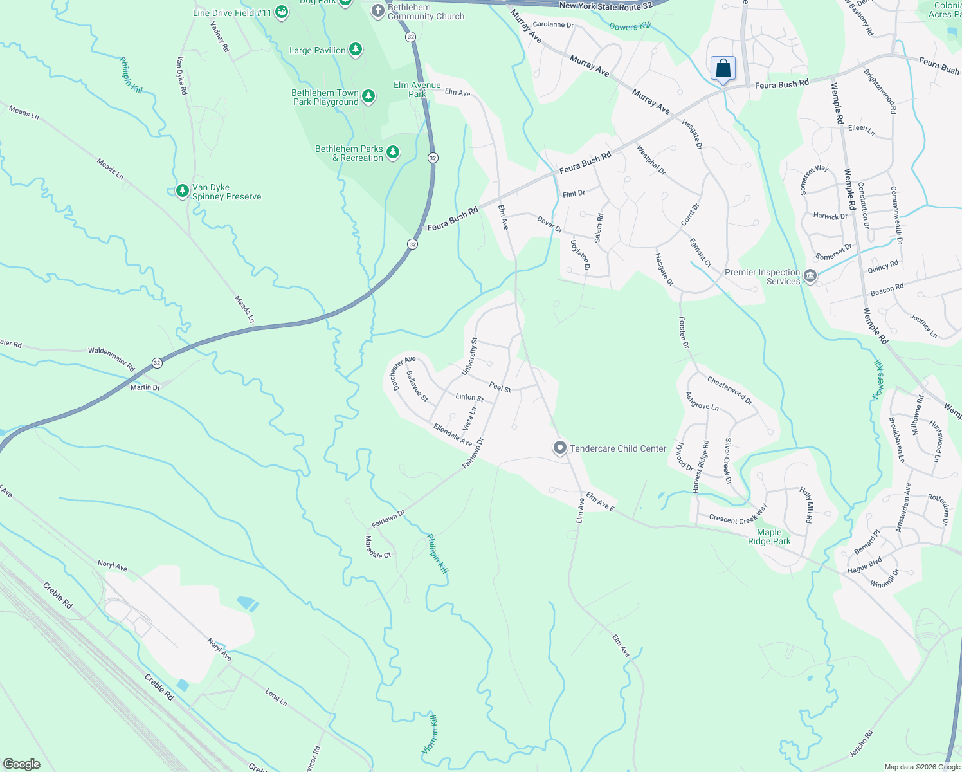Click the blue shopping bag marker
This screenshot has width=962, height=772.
click(x=723, y=69)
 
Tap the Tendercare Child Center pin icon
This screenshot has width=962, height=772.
click(x=560, y=448)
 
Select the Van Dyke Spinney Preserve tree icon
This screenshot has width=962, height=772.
click(x=183, y=191)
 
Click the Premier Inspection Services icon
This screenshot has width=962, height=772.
click(x=810, y=277)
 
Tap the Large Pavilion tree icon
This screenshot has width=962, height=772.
click(x=355, y=50)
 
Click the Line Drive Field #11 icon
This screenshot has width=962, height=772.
click(x=281, y=12)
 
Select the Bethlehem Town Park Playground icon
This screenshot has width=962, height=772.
click(x=368, y=96)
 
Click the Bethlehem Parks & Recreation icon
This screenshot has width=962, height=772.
click(x=393, y=152)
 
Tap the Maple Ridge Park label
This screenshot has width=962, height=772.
click(x=769, y=537)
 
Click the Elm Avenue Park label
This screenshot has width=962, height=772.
click(x=417, y=89)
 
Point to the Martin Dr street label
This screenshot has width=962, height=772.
click(x=145, y=387)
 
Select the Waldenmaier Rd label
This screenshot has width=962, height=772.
click(x=112, y=359)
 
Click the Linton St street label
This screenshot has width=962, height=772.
click(x=469, y=398)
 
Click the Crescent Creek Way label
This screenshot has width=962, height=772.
click(x=738, y=515)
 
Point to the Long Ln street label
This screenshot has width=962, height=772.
click(x=276, y=696)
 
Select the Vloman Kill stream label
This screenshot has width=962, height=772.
click(x=430, y=734)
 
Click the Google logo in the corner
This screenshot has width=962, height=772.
click(x=21, y=764)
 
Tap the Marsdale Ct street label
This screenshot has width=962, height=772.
click(x=377, y=547)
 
